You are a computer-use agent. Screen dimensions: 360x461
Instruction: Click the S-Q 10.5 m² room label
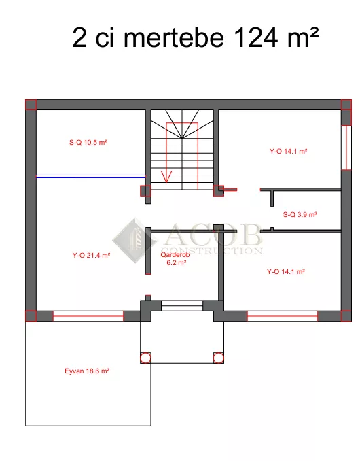pyautogui.click(x=88, y=143)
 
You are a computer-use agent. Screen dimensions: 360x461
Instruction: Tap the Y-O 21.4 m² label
pyautogui.click(x=91, y=255)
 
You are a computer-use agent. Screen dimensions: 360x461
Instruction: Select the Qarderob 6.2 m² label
pyautogui.click(x=176, y=259)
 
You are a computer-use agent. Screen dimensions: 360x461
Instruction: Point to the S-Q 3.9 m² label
pyautogui.click(x=300, y=214)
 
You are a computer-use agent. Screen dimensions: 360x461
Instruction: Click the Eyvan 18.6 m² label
pyautogui.click(x=87, y=371)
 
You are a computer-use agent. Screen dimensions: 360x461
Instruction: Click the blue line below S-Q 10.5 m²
pyautogui.click(x=91, y=177)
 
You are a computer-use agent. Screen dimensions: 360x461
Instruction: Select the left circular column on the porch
pyautogui.click(x=145, y=358)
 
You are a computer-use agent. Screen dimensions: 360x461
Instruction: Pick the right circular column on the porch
pyautogui.click(x=218, y=358)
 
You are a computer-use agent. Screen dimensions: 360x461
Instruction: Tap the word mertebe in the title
pyautogui.click(x=174, y=37)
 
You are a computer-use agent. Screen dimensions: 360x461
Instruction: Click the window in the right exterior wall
pyautogui.click(x=346, y=148)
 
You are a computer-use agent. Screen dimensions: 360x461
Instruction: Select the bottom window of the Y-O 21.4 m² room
pyautogui.click(x=88, y=316)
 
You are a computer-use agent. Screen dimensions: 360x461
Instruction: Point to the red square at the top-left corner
pyautogui.click(x=31, y=105)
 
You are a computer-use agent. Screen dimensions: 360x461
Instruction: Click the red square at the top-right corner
pyautogui.click(x=346, y=105)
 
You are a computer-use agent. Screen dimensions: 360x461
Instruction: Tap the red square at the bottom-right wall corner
pyautogui.click(x=346, y=316)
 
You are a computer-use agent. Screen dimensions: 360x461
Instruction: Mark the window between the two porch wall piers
pyautogui.click(x=182, y=306)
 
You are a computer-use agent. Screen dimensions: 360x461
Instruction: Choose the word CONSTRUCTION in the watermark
pyautogui.click(x=211, y=251)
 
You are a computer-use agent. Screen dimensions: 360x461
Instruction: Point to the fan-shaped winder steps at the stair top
pyautogui.click(x=182, y=124)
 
